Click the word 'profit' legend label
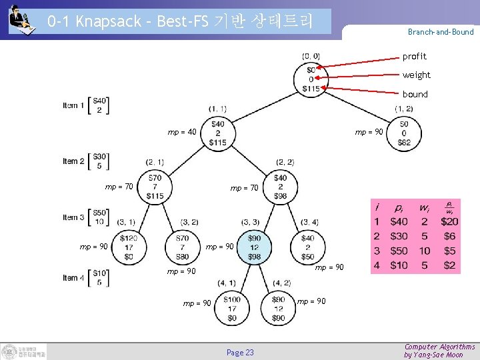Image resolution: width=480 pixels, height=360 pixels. pyautogui.click(x=414, y=57)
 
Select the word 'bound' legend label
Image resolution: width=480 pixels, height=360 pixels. pyautogui.click(x=415, y=94)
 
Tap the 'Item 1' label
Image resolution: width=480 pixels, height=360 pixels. pyautogui.click(x=74, y=105)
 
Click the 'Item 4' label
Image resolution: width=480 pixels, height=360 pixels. pyautogui.click(x=74, y=277)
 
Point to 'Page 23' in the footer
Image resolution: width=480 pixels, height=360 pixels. pyautogui.click(x=240, y=352)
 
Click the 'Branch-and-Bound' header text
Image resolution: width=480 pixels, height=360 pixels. pyautogui.click(x=441, y=32)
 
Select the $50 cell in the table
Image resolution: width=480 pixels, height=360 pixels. pyautogui.click(x=399, y=251)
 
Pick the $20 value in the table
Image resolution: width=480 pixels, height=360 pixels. pyautogui.click(x=449, y=221)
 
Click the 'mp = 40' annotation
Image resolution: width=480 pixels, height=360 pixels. pyautogui.click(x=182, y=132)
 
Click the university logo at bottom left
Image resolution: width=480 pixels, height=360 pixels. pyautogui.click(x=24, y=351)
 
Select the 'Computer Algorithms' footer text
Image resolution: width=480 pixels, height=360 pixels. pyautogui.click(x=439, y=347)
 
